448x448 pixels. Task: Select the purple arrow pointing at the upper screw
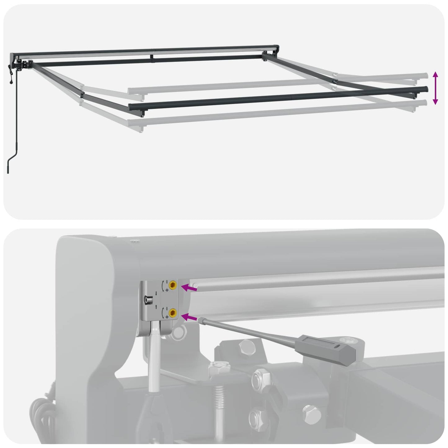click(189, 288)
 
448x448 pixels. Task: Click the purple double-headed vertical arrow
click(435, 88)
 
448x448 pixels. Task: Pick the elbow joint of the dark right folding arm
click(335, 81)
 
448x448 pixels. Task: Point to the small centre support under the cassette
click(152, 57)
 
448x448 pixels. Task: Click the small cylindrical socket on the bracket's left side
click(148, 300)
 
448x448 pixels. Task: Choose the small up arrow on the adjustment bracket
click(156, 306)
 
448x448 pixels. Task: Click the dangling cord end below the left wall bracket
click(11, 83)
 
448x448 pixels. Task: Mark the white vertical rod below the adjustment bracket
click(154, 357)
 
